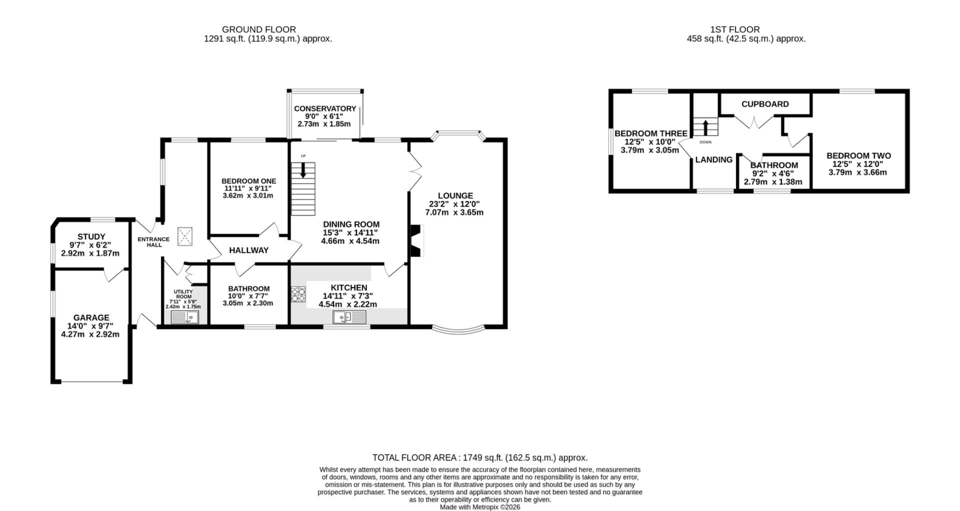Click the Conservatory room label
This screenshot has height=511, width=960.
325,108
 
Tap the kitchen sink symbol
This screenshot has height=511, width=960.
349,316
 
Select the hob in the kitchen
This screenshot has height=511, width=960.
298,294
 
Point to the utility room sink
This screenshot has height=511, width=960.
185,317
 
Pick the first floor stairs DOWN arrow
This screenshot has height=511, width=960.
705,127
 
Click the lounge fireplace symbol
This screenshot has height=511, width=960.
416,240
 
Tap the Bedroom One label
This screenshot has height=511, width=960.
248,181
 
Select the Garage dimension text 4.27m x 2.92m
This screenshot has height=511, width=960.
90,334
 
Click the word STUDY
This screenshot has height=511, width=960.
91,236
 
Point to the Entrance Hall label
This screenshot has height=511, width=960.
153,242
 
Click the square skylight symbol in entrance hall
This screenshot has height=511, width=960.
185,236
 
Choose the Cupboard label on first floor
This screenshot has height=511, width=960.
765,104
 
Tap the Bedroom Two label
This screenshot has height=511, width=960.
858,155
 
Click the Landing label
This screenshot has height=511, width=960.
714,159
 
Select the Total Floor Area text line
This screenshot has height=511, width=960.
480,457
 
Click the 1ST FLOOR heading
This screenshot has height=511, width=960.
734,29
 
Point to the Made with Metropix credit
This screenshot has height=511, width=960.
480,507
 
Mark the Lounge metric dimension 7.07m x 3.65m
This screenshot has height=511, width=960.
454,212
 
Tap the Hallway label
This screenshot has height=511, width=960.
249,250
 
